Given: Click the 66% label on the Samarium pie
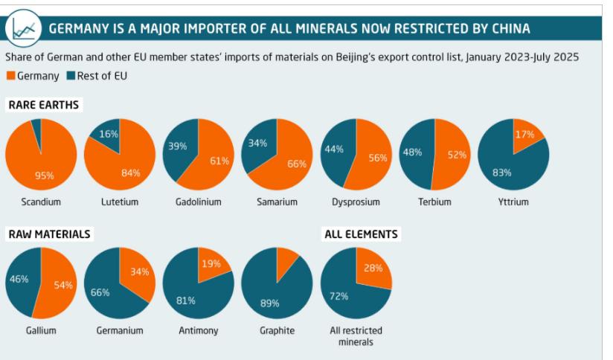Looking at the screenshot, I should click(297, 164).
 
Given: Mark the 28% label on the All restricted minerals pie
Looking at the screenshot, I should click(373, 268).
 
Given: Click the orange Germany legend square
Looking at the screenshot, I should click(10, 75).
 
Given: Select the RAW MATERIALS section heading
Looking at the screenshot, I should click(48, 234).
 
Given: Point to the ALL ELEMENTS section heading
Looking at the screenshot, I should click(361, 234).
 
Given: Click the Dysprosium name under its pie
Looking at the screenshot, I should click(356, 202).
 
